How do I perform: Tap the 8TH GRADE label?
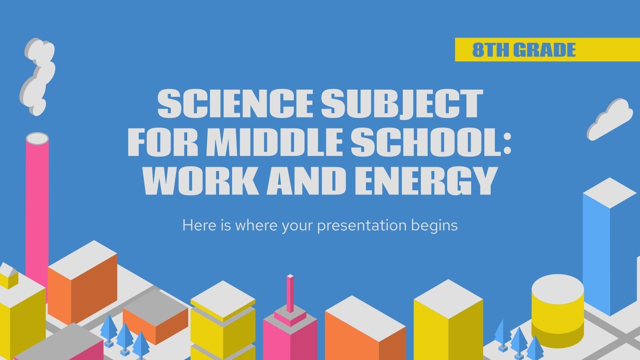pyautogui.click(x=524, y=50)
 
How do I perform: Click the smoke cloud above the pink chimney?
pyautogui.click(x=38, y=76)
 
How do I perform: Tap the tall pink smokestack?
pyautogui.click(x=37, y=208)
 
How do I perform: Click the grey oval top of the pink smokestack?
pyautogui.click(x=37, y=138)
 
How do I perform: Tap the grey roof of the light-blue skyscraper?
pyautogui.click(x=609, y=193)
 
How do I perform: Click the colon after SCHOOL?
pyautogui.click(x=507, y=143)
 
